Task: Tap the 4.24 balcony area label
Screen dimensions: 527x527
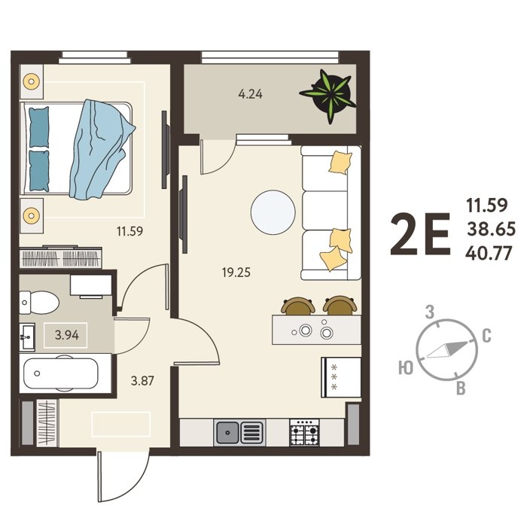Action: coord(251,94)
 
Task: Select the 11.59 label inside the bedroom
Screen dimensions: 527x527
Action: coord(129,231)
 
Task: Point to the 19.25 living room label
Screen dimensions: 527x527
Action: coord(236,273)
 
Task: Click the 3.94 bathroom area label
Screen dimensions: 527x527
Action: coord(67,335)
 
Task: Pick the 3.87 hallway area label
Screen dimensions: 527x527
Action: coord(142,381)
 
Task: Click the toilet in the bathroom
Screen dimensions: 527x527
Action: coord(39,303)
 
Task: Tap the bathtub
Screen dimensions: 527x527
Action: coord(61,373)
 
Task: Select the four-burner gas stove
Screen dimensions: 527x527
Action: coord(304,432)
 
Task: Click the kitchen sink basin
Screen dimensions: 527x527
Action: coord(227,432)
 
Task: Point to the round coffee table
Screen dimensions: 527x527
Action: coord(273,212)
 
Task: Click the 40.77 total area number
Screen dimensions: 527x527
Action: coord(489,253)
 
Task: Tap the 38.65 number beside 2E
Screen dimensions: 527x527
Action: coord(491,229)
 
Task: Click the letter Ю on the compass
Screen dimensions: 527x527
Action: coord(405,367)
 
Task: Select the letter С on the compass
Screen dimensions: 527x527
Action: coord(486,336)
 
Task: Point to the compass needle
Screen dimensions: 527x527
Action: coord(448,350)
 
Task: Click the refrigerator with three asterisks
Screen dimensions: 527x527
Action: coord(341,377)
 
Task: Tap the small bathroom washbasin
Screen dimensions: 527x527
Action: coord(27,336)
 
